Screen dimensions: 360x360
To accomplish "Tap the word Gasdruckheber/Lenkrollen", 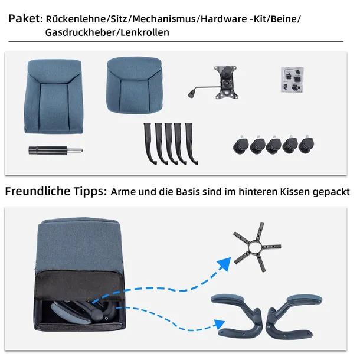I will tap(107, 32).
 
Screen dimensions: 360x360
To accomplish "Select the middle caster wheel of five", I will tap(274, 145).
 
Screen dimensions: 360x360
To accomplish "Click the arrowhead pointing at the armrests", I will tap(217, 324).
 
